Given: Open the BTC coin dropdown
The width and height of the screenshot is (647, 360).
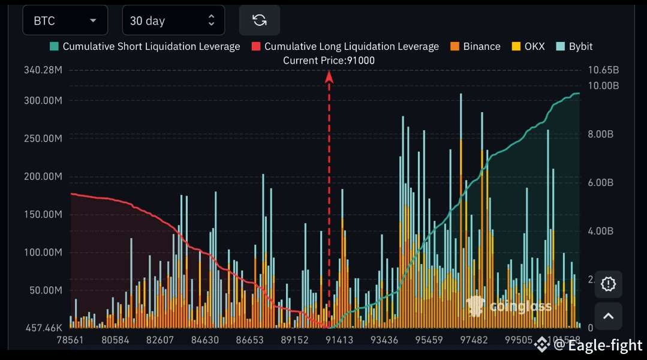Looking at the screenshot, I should pyautogui.click(x=65, y=20).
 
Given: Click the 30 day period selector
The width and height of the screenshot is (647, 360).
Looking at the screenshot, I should pyautogui.click(x=173, y=20).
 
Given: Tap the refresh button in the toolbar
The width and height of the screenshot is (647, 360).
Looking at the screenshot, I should pyautogui.click(x=259, y=20).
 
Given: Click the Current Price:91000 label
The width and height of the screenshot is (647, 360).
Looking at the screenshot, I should pyautogui.click(x=329, y=60).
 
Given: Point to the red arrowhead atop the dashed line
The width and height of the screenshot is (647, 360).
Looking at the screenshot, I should pyautogui.click(x=329, y=76).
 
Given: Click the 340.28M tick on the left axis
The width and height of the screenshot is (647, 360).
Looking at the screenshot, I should pyautogui.click(x=43, y=70).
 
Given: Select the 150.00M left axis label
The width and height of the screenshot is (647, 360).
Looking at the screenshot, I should pyautogui.click(x=43, y=214).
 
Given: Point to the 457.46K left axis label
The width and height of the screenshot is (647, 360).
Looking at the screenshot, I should pyautogui.click(x=43, y=328).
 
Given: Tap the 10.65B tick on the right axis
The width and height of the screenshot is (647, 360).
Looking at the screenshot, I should pyautogui.click(x=603, y=70).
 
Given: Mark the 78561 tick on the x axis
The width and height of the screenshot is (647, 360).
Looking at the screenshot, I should pyautogui.click(x=71, y=340).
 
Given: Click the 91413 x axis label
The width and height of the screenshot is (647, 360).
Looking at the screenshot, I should pyautogui.click(x=339, y=340).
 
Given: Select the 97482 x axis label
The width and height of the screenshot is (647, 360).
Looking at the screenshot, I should pyautogui.click(x=474, y=340).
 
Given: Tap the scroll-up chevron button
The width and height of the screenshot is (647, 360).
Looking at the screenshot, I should pyautogui.click(x=608, y=316).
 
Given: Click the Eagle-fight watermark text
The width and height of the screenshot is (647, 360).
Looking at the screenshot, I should pyautogui.click(x=605, y=345).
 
